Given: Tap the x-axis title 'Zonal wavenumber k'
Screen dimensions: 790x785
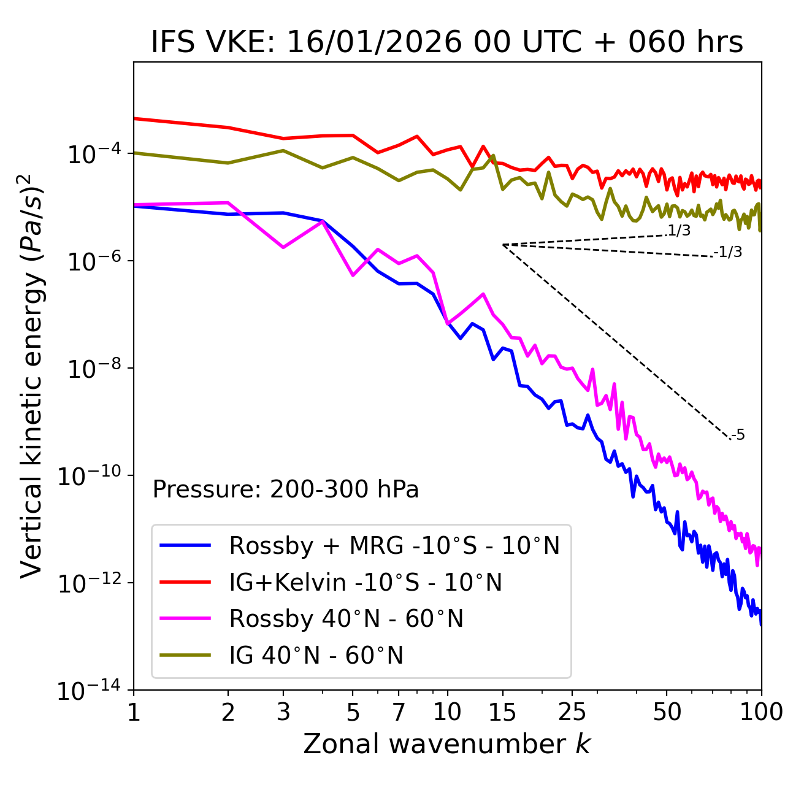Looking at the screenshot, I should point(446,743).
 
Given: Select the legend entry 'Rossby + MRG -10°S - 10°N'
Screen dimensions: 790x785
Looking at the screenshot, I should point(394,545).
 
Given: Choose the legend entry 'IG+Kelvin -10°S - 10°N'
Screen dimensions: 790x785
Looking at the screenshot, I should point(366,582).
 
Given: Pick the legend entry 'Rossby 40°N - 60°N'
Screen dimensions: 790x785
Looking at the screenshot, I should point(346,619).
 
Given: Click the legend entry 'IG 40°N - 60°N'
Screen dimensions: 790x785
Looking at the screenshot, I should point(316,656).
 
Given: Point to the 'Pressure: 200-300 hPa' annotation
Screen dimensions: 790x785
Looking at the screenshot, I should point(285,489).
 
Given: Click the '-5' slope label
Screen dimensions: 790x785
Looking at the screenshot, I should point(738,435).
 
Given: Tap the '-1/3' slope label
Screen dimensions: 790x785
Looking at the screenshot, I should point(728,252).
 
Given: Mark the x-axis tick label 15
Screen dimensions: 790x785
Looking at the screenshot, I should point(502,711).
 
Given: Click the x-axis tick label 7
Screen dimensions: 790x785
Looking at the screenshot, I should point(399,711).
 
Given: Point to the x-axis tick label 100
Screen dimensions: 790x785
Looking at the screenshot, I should point(761,711).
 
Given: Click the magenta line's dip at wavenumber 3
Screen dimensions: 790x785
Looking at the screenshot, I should point(283,247).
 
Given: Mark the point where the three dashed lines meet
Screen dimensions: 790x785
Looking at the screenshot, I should point(503,245).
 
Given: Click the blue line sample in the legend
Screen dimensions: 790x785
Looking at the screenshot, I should point(185,545).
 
